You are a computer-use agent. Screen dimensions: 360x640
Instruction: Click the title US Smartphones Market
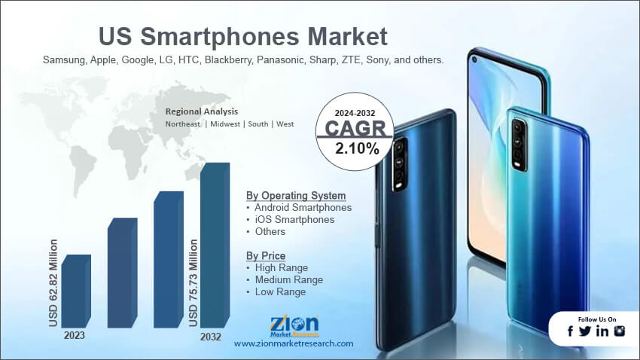coord(243,35)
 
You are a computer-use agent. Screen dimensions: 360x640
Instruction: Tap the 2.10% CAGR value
coord(357,148)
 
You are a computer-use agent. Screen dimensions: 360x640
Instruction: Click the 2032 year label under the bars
coord(211,337)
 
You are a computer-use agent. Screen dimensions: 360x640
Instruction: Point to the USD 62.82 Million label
coord(53,282)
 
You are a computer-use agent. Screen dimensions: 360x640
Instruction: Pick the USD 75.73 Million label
coord(193,282)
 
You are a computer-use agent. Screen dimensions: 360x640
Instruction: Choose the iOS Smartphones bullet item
coord(294,219)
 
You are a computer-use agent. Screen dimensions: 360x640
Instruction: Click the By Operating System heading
coord(296,195)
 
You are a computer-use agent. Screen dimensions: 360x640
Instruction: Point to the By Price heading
coord(266,255)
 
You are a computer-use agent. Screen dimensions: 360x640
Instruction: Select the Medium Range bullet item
coord(288,279)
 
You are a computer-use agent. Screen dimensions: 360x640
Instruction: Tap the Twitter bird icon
coord(585,331)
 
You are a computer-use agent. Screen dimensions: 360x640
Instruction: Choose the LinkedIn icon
coord(602,331)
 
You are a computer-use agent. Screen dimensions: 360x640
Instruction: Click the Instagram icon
coord(620,331)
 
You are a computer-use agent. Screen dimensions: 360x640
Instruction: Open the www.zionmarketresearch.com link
coord(294,343)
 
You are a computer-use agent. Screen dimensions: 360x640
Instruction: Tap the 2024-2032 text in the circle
coord(356,113)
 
